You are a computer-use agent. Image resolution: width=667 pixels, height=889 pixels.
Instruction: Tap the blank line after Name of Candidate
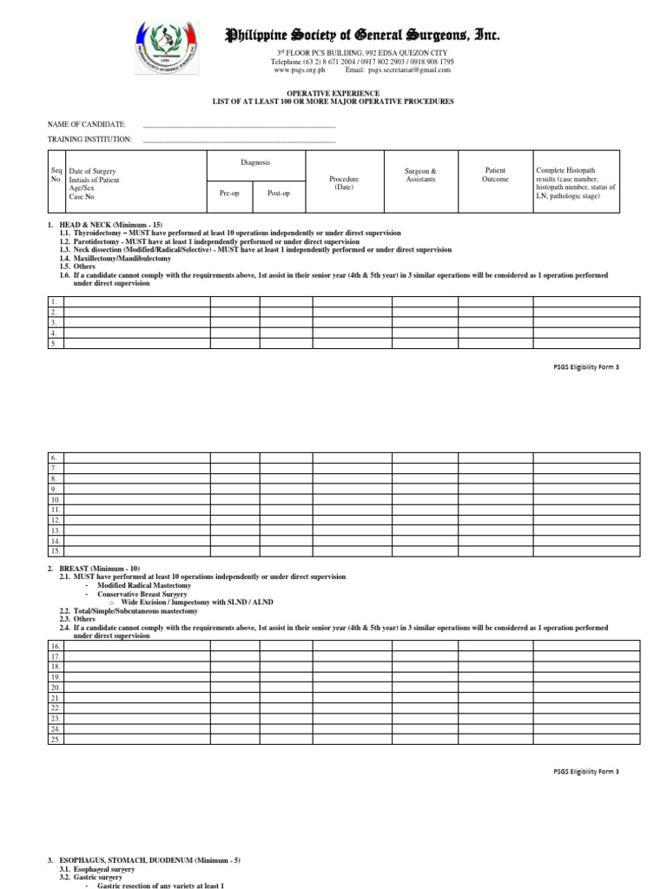tap(238, 125)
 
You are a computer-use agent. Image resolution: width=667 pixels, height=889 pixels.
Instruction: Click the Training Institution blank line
tap(238, 139)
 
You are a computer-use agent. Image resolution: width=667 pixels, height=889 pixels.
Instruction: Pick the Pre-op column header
tap(229, 193)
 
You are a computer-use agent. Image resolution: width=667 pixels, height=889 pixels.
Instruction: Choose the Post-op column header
tap(278, 193)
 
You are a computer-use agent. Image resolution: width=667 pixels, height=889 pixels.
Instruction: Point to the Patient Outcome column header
tap(494, 175)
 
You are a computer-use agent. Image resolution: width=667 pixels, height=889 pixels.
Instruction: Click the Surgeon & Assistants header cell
tap(421, 175)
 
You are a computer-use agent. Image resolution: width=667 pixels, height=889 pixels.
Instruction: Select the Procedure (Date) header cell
tap(344, 182)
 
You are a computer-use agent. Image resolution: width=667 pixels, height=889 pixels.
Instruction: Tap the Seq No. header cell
tap(56, 175)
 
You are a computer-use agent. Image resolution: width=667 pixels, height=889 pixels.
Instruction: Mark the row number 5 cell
tap(55, 344)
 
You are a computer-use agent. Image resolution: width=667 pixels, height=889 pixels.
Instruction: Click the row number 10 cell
tap(55, 499)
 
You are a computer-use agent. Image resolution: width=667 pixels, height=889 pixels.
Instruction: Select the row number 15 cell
tap(55, 550)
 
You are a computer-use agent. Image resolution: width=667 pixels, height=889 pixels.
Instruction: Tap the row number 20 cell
tap(55, 687)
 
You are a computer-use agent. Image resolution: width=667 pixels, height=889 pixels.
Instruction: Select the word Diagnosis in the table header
tap(255, 162)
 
